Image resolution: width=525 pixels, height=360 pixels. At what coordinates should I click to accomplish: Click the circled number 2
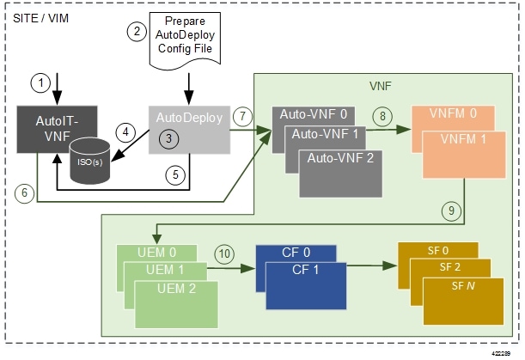pyautogui.click(x=136, y=31)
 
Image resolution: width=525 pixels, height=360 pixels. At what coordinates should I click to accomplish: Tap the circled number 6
pyautogui.click(x=27, y=194)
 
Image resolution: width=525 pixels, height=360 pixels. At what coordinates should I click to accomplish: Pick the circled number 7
pyautogui.click(x=242, y=115)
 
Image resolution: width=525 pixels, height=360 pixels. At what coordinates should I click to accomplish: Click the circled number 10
pyautogui.click(x=223, y=254)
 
